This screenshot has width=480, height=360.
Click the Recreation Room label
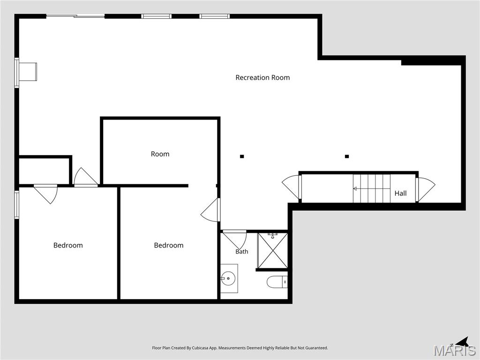[x=262, y=77]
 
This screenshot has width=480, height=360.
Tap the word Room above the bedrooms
[x=160, y=154]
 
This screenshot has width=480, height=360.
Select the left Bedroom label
[x=68, y=245]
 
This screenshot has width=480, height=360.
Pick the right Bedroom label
[x=169, y=245]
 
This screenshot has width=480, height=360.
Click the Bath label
[x=242, y=252]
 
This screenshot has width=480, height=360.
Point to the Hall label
[x=400, y=194]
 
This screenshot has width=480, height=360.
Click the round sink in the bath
[x=228, y=278]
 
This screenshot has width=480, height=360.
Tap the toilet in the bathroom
[x=277, y=282]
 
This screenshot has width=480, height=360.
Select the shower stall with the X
[x=272, y=251]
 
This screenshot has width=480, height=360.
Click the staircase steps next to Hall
[x=372, y=188]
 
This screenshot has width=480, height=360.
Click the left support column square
[x=242, y=157]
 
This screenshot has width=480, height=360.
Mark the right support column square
[x=347, y=157]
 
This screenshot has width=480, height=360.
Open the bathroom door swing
[x=235, y=240]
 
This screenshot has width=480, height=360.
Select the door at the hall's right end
[x=425, y=190]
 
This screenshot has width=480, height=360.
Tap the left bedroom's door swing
[x=46, y=194]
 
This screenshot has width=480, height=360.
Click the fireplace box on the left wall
[x=28, y=72]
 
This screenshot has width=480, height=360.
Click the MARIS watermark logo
[x=455, y=350]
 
